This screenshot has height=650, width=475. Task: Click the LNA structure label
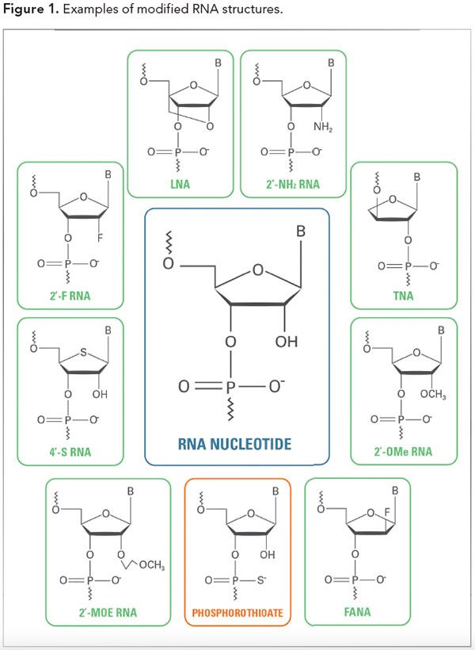(x=181, y=185)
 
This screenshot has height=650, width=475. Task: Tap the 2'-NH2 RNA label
(x=291, y=185)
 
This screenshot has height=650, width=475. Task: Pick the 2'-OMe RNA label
(x=404, y=453)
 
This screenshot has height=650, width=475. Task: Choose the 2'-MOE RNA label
(x=108, y=612)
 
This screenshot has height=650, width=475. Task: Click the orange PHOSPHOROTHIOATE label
(x=237, y=613)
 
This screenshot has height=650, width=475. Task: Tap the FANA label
(x=357, y=612)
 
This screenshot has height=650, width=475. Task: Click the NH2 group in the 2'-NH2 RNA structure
(x=322, y=126)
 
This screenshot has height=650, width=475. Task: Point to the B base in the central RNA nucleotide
(x=301, y=231)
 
